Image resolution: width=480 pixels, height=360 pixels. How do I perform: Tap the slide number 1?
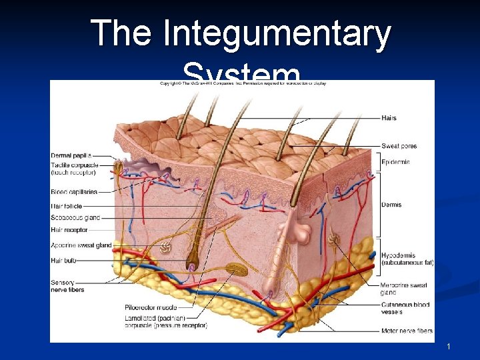pyautogui.click(x=449, y=347)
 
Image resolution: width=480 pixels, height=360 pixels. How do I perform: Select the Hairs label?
pyautogui.click(x=389, y=118)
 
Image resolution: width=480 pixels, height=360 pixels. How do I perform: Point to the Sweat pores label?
pyautogui.click(x=399, y=146)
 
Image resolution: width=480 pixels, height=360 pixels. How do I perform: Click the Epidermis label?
pyautogui.click(x=395, y=162)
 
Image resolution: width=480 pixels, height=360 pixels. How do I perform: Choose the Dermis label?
pyautogui.click(x=391, y=205)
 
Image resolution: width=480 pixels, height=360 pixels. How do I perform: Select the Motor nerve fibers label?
pyautogui.click(x=407, y=331)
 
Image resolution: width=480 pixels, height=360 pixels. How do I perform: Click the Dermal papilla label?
pyautogui.click(x=71, y=156)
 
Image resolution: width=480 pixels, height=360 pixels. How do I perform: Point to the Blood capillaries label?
pyautogui.click(x=74, y=192)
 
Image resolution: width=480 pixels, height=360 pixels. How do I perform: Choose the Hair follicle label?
pyautogui.click(x=67, y=207)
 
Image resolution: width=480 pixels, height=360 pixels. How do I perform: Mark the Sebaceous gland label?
pyautogui.click(x=75, y=217)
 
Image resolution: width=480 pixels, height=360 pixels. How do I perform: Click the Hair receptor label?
pyautogui.click(x=69, y=229)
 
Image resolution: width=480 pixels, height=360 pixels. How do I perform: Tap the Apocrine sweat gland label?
pyautogui.click(x=81, y=245)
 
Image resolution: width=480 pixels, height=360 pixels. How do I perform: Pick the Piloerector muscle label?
pyautogui.click(x=151, y=307)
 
